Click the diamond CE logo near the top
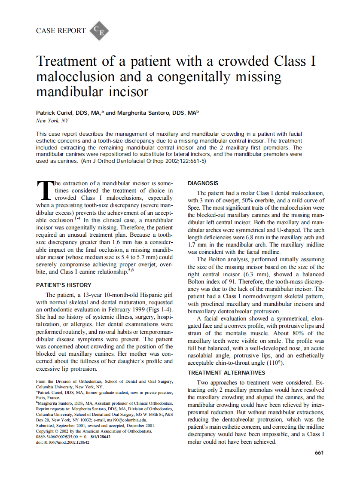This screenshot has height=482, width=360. pyautogui.click(x=99, y=31)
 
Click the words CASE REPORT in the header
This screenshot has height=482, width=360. pyautogui.click(x=61, y=31)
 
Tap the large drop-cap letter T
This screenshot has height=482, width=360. pyautogui.click(x=44, y=190)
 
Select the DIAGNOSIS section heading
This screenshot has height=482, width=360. pyautogui.click(x=203, y=183)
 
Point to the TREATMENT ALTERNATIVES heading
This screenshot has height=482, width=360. pyautogui.click(x=226, y=372)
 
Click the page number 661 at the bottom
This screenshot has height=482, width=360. pyautogui.click(x=319, y=452)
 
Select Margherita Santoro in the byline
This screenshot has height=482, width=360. pyautogui.click(x=142, y=113)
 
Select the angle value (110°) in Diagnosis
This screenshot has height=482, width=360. pyautogui.click(x=275, y=363)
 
